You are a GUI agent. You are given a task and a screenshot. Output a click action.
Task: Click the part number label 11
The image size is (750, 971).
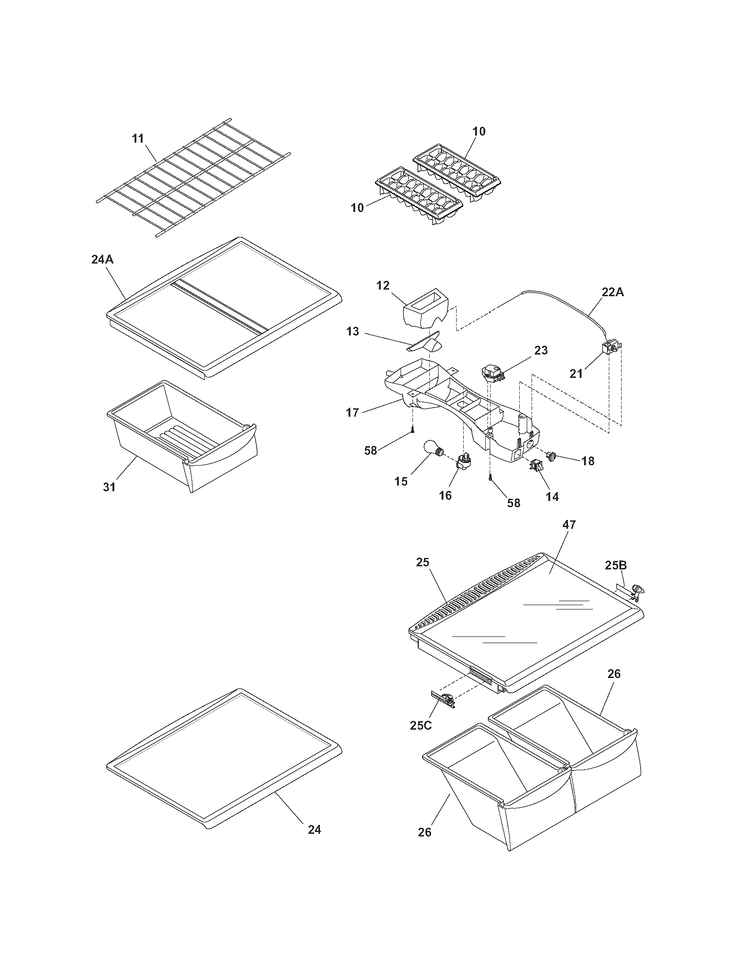pyautogui.click(x=138, y=138)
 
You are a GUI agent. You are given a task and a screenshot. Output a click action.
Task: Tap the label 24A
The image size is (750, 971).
pyautogui.click(x=102, y=259)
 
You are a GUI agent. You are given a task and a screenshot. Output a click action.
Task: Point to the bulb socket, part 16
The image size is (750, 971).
pyautogui.click(x=463, y=463)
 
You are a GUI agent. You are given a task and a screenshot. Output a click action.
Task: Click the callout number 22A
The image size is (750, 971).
pyautogui.click(x=612, y=292)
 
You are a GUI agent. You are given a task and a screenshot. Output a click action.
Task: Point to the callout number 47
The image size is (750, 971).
pyautogui.click(x=569, y=525)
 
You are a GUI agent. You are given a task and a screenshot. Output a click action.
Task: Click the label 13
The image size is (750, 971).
pyautogui.click(x=353, y=331)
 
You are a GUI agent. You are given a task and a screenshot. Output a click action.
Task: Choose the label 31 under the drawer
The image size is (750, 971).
pyautogui.click(x=109, y=487)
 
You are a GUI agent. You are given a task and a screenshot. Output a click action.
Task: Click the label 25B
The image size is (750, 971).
pyautogui.click(x=616, y=565)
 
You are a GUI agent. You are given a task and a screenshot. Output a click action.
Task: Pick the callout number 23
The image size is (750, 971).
pyautogui.click(x=541, y=350)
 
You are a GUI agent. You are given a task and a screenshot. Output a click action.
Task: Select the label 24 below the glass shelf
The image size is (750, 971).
pyautogui.click(x=314, y=829)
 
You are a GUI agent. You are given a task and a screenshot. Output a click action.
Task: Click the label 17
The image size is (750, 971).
pyautogui.click(x=352, y=413)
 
